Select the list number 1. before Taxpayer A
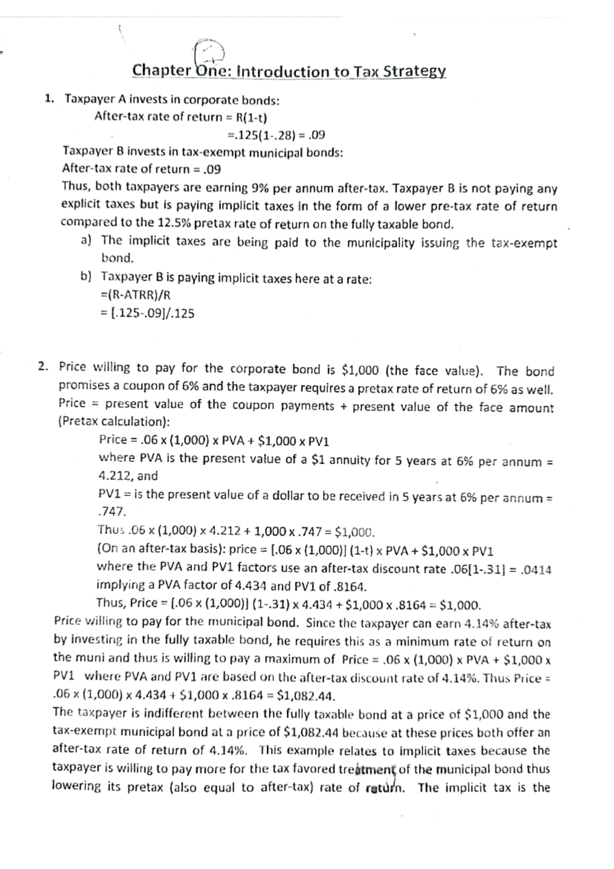point(50,99)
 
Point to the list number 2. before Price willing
point(44,367)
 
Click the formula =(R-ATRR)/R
point(136,295)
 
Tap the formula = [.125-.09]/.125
point(148,313)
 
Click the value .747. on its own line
point(112,512)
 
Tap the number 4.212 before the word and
point(115,476)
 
